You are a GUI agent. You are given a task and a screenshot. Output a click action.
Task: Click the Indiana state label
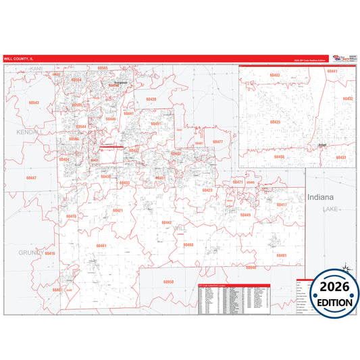pyautogui.click(x=320, y=197)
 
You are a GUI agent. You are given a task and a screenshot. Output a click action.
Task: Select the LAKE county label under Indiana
pyautogui.click(x=329, y=209)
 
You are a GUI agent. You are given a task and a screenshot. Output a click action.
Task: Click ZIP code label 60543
pyautogui.click(x=34, y=103)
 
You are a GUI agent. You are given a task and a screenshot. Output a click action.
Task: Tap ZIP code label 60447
pyautogui.click(x=32, y=178)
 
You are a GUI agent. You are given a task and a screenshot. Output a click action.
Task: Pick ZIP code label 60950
pyautogui.click(x=169, y=281)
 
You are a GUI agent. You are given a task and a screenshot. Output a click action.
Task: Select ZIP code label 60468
pyautogui.click(x=188, y=245)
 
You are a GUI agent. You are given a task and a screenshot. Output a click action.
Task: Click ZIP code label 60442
pyautogui.click(x=166, y=222)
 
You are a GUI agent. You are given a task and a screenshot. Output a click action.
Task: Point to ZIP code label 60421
pyautogui.click(x=118, y=211)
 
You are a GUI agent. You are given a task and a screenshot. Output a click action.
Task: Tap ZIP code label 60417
pyautogui.click(x=282, y=205)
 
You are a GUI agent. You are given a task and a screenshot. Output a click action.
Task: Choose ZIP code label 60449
pyautogui.click(x=245, y=215)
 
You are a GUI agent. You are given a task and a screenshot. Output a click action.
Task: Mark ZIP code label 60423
pyautogui.click(x=207, y=190)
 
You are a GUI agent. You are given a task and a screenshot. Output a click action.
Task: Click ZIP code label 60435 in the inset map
pyautogui.click(x=275, y=122)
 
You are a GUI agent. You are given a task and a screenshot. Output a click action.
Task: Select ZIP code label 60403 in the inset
pyautogui.click(x=274, y=75)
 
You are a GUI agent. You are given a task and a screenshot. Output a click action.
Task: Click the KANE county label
pyautogui.click(x=36, y=69)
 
